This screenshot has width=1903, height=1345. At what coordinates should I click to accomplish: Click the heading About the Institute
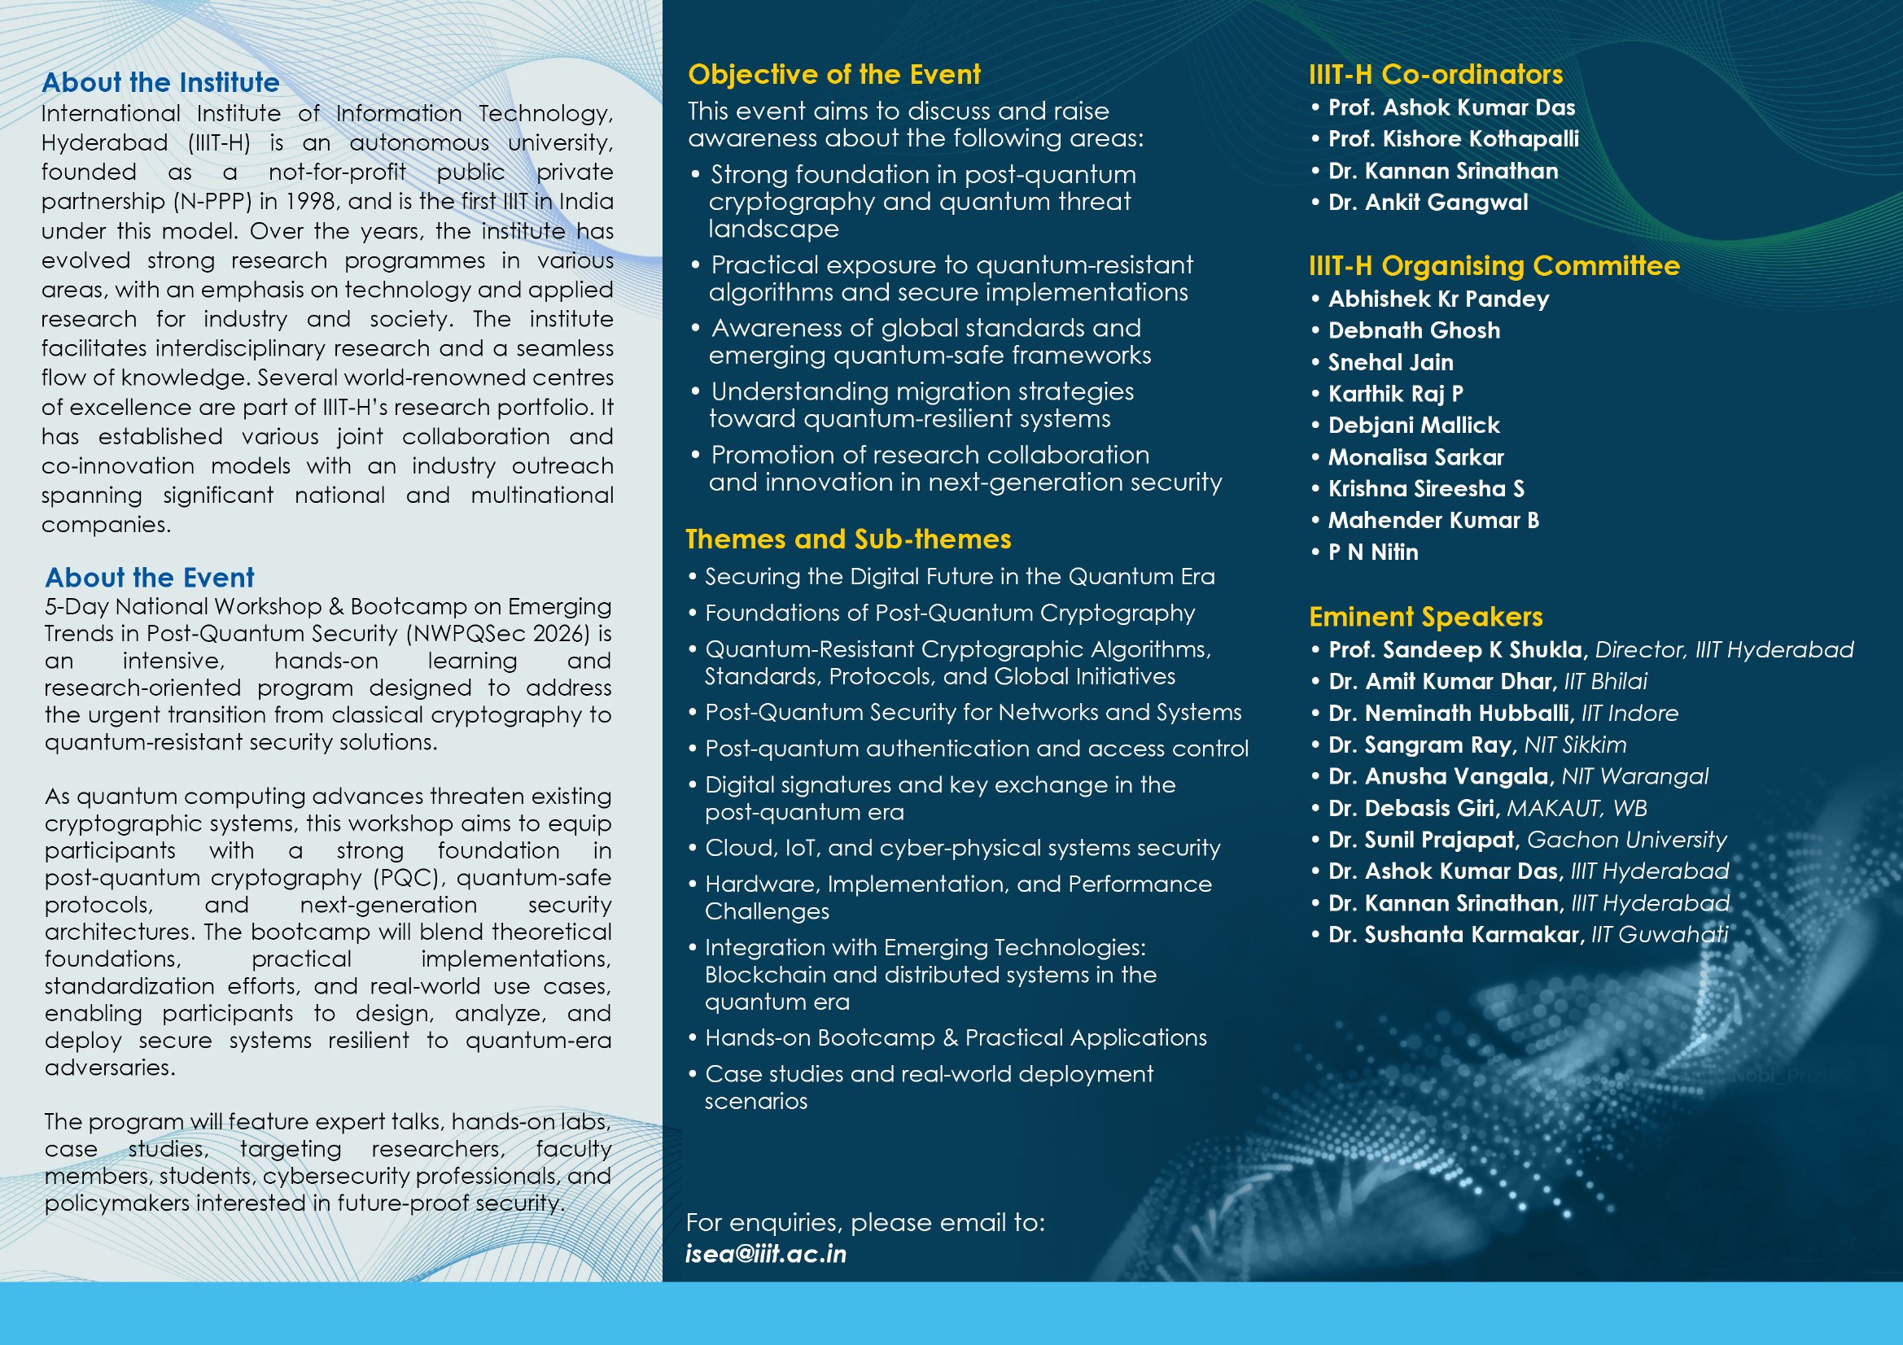[161, 82]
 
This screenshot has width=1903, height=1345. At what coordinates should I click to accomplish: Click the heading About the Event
[149, 578]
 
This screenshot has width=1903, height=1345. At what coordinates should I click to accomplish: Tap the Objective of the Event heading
[833, 75]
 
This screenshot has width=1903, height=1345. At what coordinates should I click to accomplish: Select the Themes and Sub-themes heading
[848, 539]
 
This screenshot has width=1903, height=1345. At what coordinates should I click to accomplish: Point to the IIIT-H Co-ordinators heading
[1436, 75]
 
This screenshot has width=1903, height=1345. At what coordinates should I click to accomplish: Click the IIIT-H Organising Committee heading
[1494, 266]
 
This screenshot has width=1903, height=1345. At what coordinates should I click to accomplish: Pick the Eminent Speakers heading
[1425, 617]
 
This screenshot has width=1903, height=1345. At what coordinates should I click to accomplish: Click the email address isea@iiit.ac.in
[766, 1254]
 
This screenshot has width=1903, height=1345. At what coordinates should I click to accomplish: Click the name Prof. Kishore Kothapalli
[1453, 139]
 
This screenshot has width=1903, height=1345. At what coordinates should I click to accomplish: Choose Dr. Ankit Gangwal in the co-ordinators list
[1428, 203]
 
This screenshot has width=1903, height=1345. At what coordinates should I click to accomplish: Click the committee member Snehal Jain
[1390, 362]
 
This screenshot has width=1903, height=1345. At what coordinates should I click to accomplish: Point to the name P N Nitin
[1372, 552]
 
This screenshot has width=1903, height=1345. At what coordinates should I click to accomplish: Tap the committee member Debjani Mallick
[1413, 425]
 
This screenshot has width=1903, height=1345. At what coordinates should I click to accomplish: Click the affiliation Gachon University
[1626, 840]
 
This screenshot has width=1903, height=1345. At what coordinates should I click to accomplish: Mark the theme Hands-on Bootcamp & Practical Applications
[956, 1037]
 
